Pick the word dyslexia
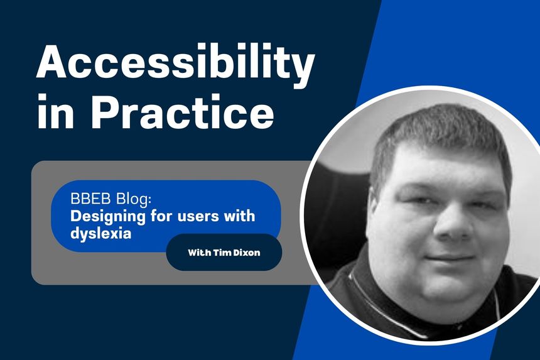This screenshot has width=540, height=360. (x=95, y=232)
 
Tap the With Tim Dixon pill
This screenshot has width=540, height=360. (x=224, y=253)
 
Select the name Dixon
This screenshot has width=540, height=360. (x=248, y=253)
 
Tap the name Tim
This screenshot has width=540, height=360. (x=224, y=253)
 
